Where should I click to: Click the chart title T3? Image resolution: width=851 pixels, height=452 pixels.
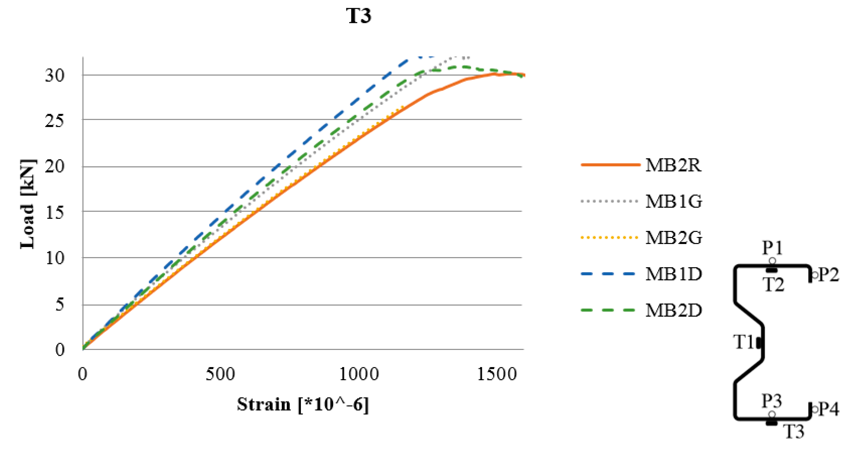click(x=359, y=16)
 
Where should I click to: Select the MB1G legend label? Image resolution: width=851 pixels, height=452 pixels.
click(x=674, y=201)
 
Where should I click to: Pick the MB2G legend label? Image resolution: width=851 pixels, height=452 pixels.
click(x=674, y=237)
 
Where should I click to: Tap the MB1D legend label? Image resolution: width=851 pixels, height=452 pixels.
click(x=674, y=274)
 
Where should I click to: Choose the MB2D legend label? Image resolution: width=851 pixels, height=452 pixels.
click(x=674, y=310)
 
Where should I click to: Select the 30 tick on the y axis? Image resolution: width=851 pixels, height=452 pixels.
click(x=55, y=76)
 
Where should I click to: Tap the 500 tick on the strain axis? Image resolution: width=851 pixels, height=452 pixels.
click(x=220, y=374)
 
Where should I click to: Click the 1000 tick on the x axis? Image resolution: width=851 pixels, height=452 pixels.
click(x=359, y=374)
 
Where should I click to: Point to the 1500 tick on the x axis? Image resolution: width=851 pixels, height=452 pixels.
click(x=497, y=374)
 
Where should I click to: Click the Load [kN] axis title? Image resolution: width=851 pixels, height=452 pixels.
click(x=28, y=204)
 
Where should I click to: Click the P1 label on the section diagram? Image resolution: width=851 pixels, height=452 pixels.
click(x=772, y=248)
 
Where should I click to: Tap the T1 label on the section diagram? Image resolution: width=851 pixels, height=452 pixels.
click(x=743, y=342)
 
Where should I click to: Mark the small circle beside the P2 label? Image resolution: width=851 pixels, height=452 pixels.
click(x=815, y=275)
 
